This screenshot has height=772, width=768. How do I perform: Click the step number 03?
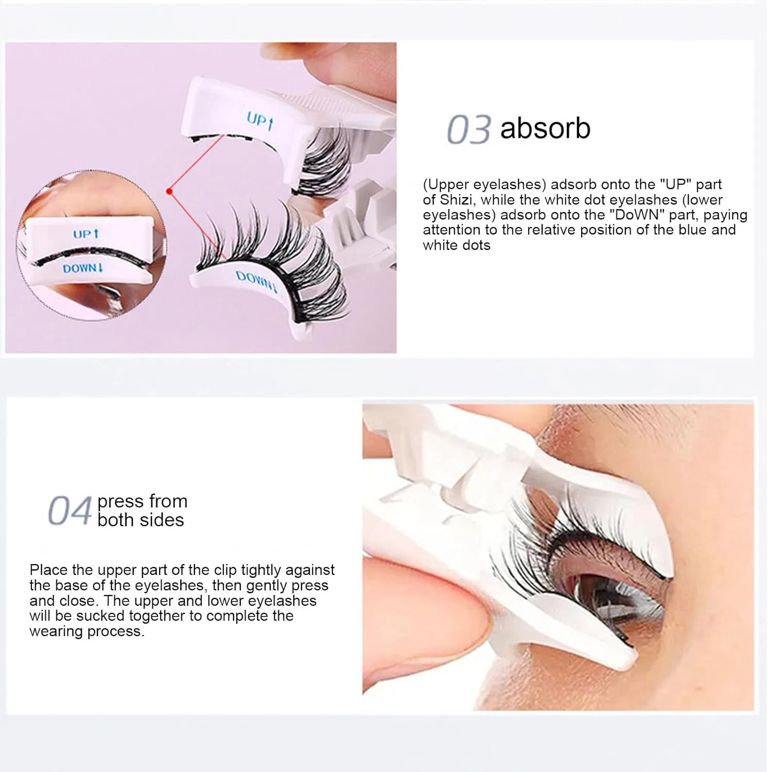(x=468, y=129)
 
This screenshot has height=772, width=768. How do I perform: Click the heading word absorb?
(x=545, y=128)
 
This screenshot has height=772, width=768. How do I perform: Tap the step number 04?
(x=69, y=511)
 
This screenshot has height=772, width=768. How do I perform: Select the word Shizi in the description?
(x=455, y=200)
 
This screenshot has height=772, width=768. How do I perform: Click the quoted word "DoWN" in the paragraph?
(x=636, y=215)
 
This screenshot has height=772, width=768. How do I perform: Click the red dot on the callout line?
(x=169, y=191)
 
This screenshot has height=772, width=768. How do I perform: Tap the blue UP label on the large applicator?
(x=260, y=121)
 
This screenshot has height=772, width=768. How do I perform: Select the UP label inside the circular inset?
(x=85, y=234)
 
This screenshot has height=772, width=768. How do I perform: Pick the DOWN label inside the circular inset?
(x=83, y=268)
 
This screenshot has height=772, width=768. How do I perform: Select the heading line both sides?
(x=141, y=520)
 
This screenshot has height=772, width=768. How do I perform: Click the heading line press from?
(x=143, y=501)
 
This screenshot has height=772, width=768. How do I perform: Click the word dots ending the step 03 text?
(x=476, y=245)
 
